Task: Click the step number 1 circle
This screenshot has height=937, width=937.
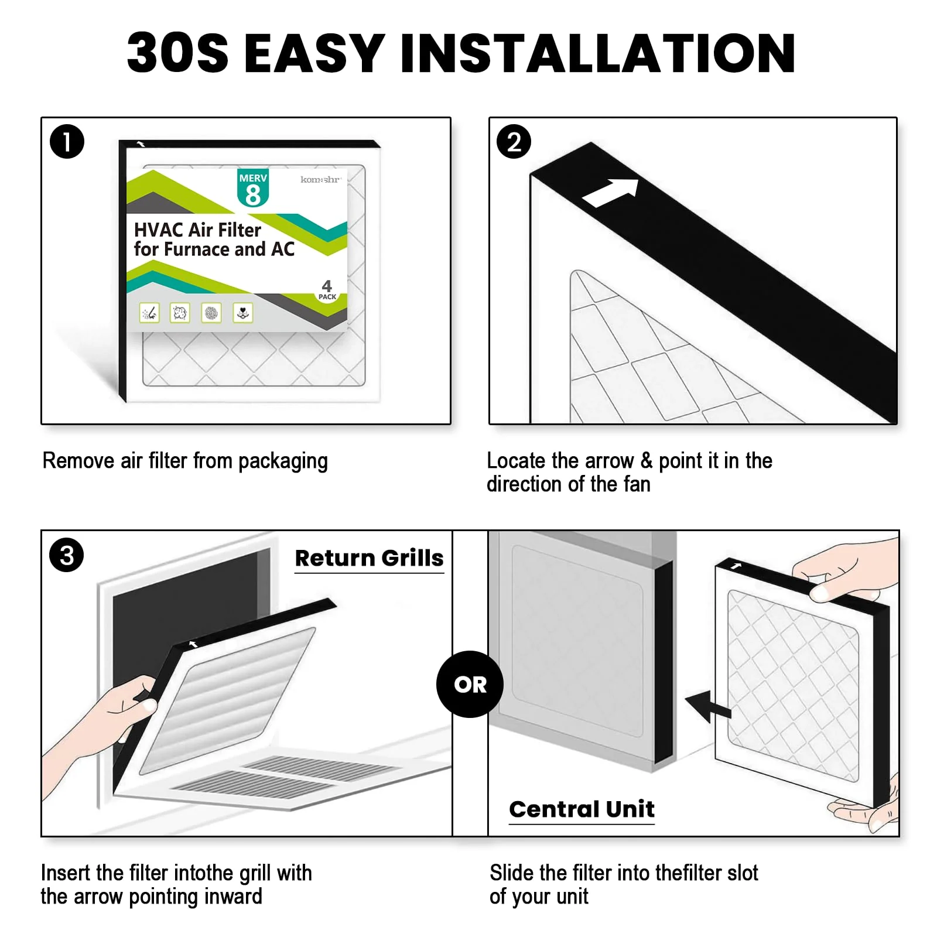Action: click(67, 142)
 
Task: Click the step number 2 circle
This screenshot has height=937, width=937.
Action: click(514, 142)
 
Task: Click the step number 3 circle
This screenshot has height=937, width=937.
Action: click(67, 555)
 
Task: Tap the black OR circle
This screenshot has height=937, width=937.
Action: click(470, 684)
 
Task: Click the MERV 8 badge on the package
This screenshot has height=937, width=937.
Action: click(253, 188)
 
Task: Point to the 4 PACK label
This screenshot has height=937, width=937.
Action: click(327, 289)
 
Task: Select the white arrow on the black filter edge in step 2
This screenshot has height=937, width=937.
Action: click(610, 193)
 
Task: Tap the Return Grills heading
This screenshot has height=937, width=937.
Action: click(369, 558)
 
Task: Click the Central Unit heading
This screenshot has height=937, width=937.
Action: click(582, 809)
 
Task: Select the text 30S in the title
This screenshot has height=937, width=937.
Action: click(177, 53)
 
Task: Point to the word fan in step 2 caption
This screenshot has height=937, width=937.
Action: click(636, 485)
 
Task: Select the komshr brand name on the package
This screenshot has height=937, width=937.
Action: click(320, 179)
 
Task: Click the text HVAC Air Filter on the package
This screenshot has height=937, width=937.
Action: click(197, 230)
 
